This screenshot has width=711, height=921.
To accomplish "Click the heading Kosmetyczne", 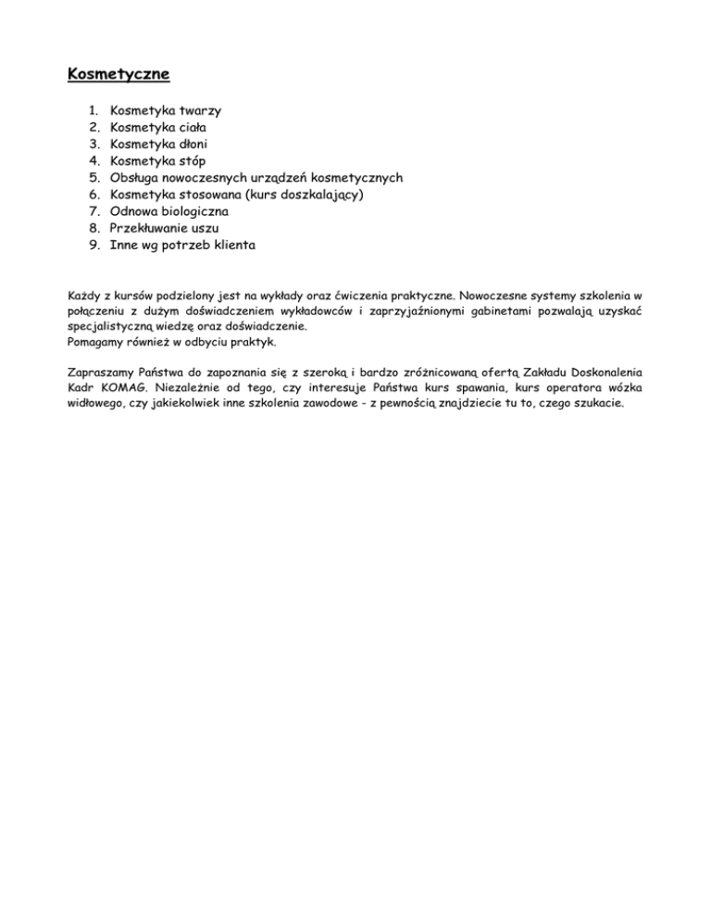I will point(118,72).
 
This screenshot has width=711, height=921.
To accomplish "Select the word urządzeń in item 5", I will point(273,178).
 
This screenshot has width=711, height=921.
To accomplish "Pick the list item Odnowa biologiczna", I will point(169,211).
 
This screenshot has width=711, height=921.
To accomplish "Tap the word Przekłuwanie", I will point(152,229).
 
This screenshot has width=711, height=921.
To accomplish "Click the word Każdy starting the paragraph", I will point(86,296).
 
